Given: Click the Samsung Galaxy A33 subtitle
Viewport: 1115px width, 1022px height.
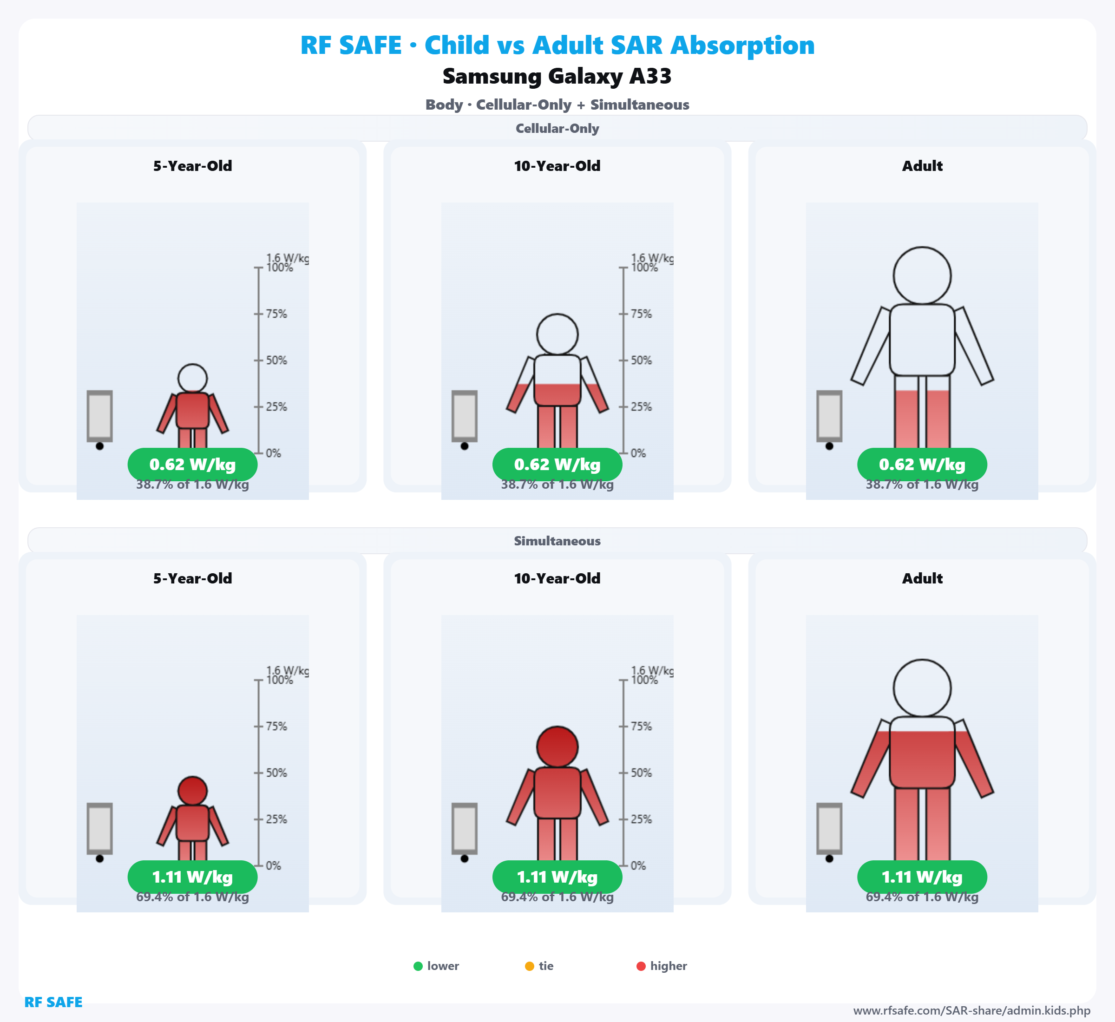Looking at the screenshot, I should point(557,76).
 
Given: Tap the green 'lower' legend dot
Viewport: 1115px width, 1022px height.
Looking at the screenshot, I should point(418,966).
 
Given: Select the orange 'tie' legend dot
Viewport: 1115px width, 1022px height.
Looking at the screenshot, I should point(529,966).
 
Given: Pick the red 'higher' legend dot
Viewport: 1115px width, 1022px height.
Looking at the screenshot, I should point(641,966).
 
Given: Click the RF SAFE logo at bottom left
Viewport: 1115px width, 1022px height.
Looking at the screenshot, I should point(53,1002).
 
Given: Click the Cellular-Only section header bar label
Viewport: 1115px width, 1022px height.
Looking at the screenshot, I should point(557,128).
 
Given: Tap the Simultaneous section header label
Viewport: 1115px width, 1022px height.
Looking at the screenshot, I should point(557,541).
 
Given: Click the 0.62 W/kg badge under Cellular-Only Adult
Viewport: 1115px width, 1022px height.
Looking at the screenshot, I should point(922,465).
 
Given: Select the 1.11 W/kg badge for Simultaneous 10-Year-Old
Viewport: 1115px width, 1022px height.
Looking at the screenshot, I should point(557,877).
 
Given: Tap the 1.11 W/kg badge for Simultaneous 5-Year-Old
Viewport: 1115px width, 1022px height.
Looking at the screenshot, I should point(192,877).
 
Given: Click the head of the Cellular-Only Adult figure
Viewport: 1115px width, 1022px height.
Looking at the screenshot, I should point(922,275).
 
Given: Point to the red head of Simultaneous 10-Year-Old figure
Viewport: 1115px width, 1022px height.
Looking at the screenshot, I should point(557,747).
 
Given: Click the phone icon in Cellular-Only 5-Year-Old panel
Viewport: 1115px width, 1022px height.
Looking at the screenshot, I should point(99,416).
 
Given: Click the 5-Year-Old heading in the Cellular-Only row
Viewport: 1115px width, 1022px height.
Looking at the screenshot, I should point(192,166).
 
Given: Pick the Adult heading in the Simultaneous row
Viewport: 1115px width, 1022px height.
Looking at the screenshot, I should point(922,578).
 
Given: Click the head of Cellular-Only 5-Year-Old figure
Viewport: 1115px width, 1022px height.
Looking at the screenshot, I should point(192,378).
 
